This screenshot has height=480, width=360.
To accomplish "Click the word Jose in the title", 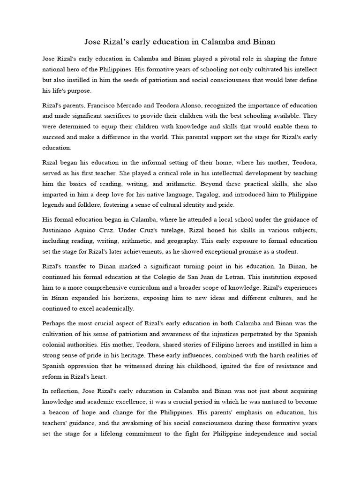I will pos(92,42).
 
